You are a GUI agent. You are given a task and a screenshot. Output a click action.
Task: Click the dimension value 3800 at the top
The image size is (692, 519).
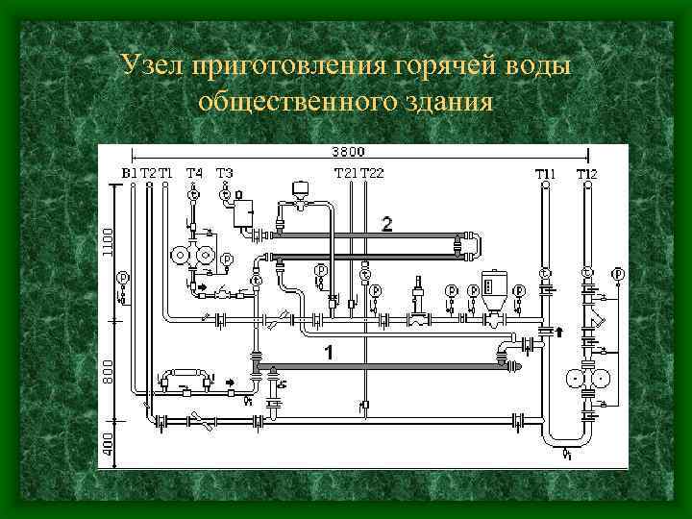[348, 151]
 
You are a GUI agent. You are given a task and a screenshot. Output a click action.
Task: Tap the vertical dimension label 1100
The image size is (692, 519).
[108, 241]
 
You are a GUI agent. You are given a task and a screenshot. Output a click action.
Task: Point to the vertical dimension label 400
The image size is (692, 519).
[108, 443]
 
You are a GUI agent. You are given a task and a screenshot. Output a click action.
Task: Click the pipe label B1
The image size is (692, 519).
[130, 173]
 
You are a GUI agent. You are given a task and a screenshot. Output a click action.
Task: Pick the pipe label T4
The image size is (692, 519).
[194, 173]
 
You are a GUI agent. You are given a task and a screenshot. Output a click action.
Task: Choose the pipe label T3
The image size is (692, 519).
[224, 173]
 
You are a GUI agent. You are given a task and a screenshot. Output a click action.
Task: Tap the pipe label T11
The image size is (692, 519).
[545, 174]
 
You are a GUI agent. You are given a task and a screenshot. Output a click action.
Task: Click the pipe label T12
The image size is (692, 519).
[586, 174]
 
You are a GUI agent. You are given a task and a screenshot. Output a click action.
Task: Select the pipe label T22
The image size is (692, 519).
[372, 173]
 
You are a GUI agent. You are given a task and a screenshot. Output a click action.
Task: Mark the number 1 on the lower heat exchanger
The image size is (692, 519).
[329, 353]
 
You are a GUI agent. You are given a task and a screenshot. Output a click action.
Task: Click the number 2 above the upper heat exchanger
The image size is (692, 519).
[386, 224]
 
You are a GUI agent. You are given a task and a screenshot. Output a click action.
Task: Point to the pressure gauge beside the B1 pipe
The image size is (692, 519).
[122, 278]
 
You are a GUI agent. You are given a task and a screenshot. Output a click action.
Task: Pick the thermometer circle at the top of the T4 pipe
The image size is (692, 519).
[193, 194]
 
